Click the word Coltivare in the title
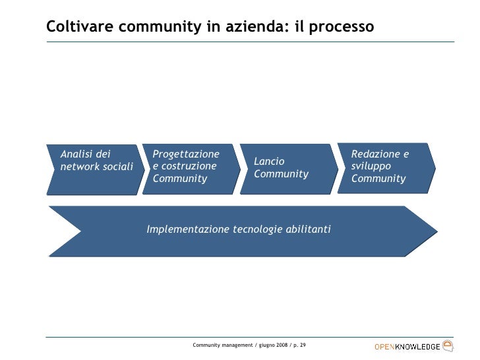(78, 26)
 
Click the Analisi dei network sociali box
(95, 169)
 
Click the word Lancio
(268, 161)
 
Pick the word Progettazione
(185, 154)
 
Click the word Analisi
(76, 154)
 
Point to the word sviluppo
(371, 166)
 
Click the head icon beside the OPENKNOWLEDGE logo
(448, 345)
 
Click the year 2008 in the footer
(280, 345)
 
